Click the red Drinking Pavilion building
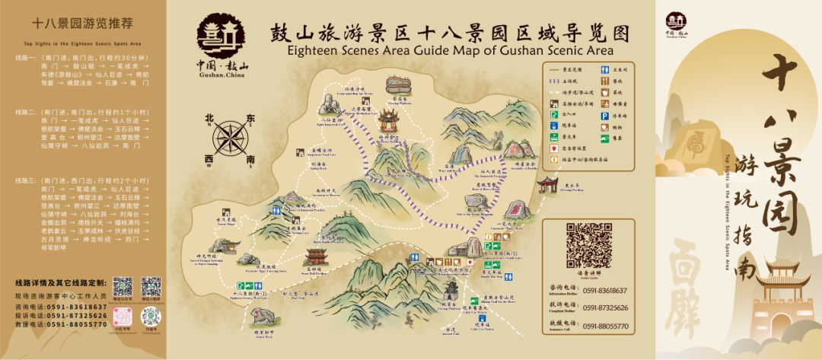click(x=547, y=184)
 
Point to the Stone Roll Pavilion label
click(x=314, y=271)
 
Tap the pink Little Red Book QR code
click(x=123, y=316)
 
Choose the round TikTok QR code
click(x=150, y=316)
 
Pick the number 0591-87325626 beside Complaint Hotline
click(x=606, y=308)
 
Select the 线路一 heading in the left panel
click(x=25, y=57)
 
